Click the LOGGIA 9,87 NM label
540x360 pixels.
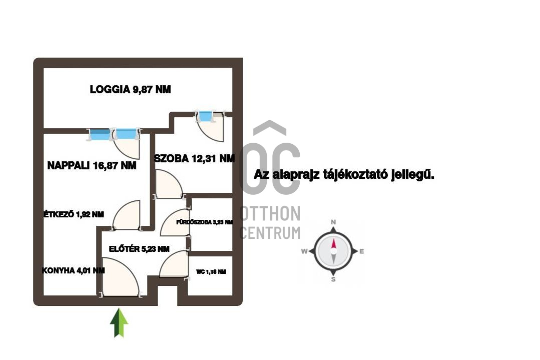tap(130, 90)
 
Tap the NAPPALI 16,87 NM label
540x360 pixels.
tap(92, 166)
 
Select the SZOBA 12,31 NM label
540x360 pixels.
tap(195, 158)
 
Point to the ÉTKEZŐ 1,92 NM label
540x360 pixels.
tap(74, 214)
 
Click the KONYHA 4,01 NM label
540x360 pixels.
tap(74, 271)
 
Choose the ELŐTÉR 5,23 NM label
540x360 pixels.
tap(139, 249)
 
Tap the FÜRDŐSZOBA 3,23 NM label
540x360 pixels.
tap(205, 222)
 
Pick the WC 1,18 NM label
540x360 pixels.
tap(211, 272)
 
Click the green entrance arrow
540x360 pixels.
tap(119, 323)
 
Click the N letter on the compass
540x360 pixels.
tap(333, 222)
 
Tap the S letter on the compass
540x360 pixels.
tap(333, 279)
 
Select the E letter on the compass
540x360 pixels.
tap(362, 251)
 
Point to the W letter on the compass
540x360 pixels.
tap(304, 251)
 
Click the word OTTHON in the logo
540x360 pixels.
tap(270, 214)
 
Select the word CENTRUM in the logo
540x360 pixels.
tap(270, 233)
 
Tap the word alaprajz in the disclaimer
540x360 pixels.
tap(296, 175)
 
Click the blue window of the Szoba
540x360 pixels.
tap(206, 117)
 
